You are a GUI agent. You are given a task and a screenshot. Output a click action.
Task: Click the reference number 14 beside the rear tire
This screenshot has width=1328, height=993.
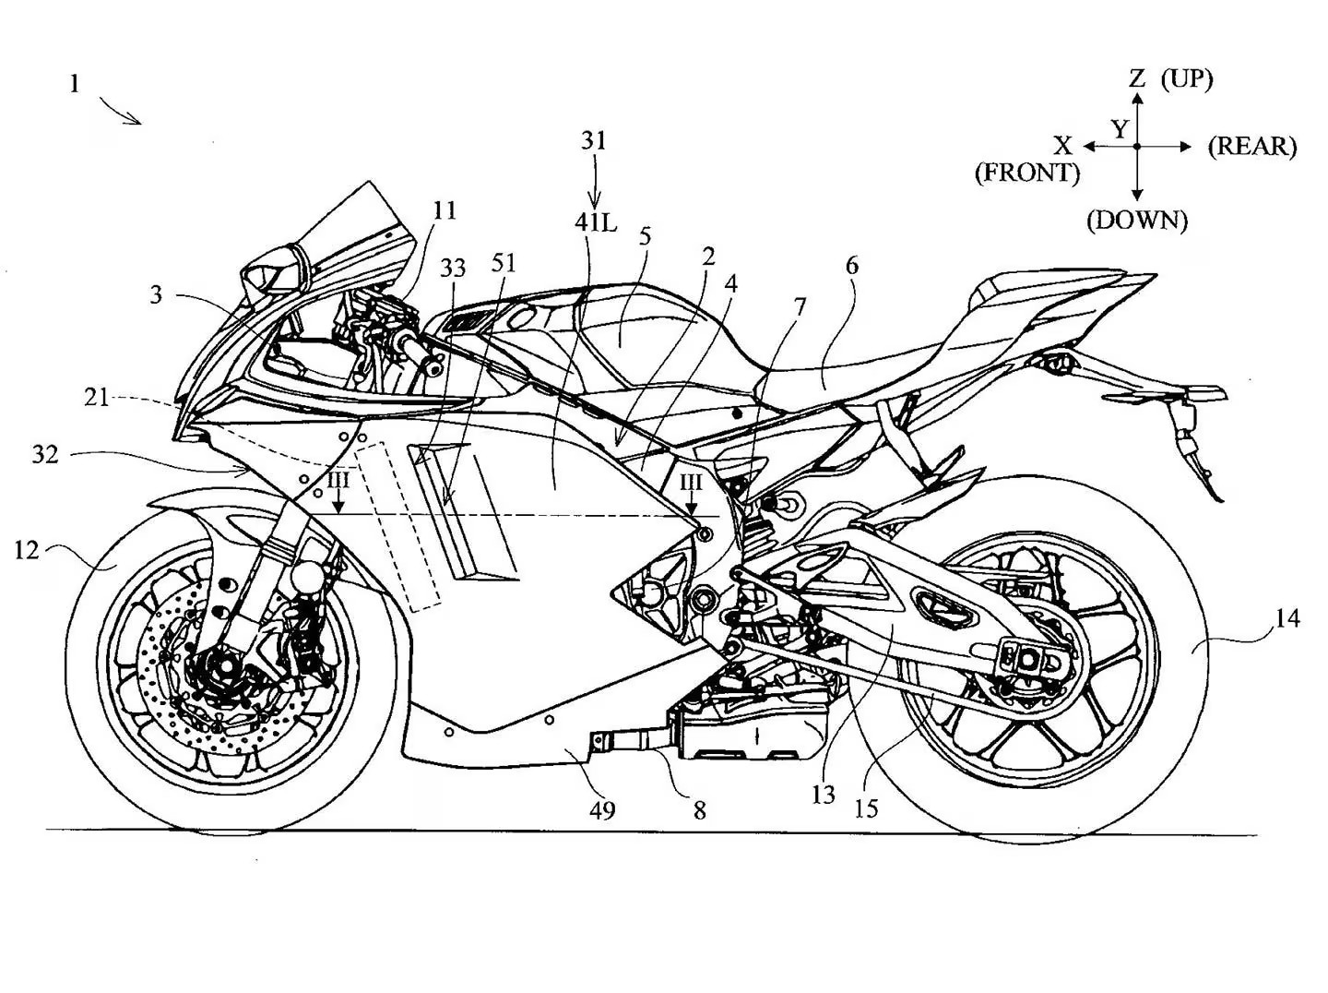coord(1286,617)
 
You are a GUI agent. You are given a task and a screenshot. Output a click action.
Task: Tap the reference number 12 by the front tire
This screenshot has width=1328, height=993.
coord(27,550)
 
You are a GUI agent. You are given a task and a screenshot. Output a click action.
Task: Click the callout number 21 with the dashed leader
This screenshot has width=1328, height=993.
coord(96,397)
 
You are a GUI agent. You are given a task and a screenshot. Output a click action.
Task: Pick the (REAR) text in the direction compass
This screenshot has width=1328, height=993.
coord(1251,146)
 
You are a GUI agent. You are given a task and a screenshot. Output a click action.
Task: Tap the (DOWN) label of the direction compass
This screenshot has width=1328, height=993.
coord(1136,220)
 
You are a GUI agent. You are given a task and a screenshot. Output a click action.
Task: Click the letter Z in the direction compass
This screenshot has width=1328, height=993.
coord(1138,78)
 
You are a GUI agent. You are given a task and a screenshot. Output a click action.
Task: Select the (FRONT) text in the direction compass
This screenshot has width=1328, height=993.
coord(1026,173)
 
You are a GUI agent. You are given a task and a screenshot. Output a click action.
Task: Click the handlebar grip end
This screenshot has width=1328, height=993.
coord(430,368)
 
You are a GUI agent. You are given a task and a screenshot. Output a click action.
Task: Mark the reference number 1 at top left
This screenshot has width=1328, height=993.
coord(74,84)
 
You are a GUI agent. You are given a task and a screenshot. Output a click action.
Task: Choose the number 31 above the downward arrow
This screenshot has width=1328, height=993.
coord(594,140)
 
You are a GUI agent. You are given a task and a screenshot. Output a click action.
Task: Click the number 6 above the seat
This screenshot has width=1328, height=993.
coord(851,266)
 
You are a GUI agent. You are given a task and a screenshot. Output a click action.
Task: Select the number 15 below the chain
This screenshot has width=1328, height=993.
coord(866,808)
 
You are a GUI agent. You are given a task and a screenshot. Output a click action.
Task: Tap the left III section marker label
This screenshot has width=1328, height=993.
coord(338,483)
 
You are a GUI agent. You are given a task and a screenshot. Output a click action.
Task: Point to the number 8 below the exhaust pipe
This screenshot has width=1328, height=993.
coord(700,810)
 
